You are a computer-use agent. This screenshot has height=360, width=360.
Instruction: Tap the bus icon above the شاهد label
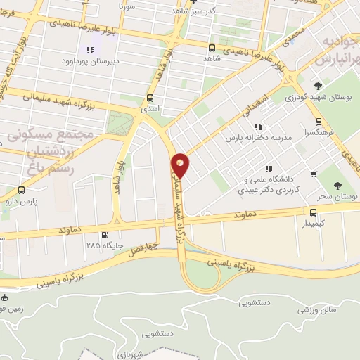pos(212,49)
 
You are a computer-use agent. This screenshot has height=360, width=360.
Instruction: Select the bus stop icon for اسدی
pos(150,99)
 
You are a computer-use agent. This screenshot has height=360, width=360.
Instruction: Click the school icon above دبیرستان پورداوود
pos(89,49)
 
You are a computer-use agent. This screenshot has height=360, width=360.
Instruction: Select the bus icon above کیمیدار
pos(314,211)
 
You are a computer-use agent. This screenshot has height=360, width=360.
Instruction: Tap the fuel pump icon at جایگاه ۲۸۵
pos(105,236)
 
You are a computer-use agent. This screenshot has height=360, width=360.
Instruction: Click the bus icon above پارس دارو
pos(21,190)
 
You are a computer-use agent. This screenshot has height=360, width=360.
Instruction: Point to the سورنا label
pos(127,6)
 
